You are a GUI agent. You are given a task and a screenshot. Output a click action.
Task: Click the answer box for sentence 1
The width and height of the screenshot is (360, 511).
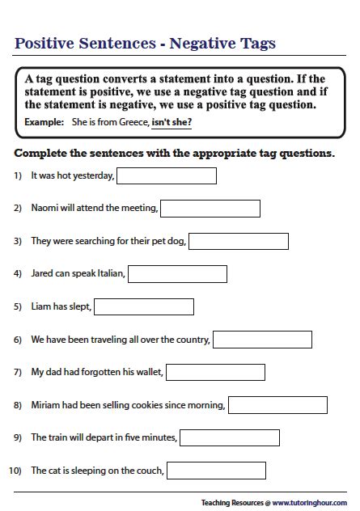pyautogui.click(x=167, y=175)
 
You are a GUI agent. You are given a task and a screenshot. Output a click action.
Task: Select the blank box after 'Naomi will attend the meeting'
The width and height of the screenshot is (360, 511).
pyautogui.click(x=210, y=209)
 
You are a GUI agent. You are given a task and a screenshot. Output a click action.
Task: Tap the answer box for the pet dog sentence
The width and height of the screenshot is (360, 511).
pyautogui.click(x=238, y=241)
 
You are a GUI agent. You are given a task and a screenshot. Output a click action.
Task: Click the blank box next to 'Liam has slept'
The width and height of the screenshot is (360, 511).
pyautogui.click(x=144, y=306)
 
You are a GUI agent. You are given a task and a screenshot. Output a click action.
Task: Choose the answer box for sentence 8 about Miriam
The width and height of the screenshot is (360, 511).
pyautogui.click(x=277, y=405)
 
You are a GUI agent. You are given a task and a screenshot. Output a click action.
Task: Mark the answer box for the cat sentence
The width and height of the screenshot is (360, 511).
pyautogui.click(x=216, y=471)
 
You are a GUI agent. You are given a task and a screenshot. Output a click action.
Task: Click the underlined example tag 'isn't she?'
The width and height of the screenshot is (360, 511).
pyautogui.click(x=172, y=123)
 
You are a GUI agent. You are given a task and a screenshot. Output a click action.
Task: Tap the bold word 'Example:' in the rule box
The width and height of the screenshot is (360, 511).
pyautogui.click(x=44, y=123)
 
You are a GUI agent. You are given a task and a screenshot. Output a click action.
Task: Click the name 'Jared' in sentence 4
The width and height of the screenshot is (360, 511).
pyautogui.click(x=42, y=274)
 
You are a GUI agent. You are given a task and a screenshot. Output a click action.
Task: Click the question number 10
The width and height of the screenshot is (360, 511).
pyautogui.click(x=15, y=471)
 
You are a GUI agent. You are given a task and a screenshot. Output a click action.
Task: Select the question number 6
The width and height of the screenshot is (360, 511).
pyautogui.click(x=17, y=340)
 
